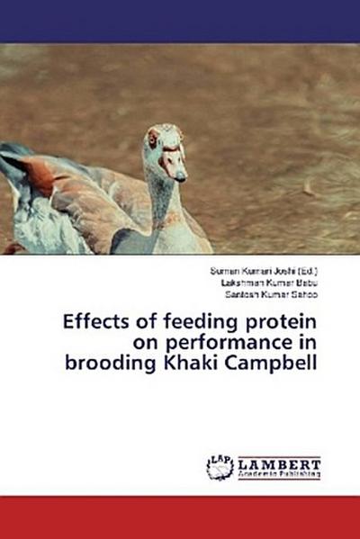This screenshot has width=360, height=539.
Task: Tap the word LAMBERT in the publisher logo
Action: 279,462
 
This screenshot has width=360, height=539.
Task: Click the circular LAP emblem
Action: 220,466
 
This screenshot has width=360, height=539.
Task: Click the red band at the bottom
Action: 180,517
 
